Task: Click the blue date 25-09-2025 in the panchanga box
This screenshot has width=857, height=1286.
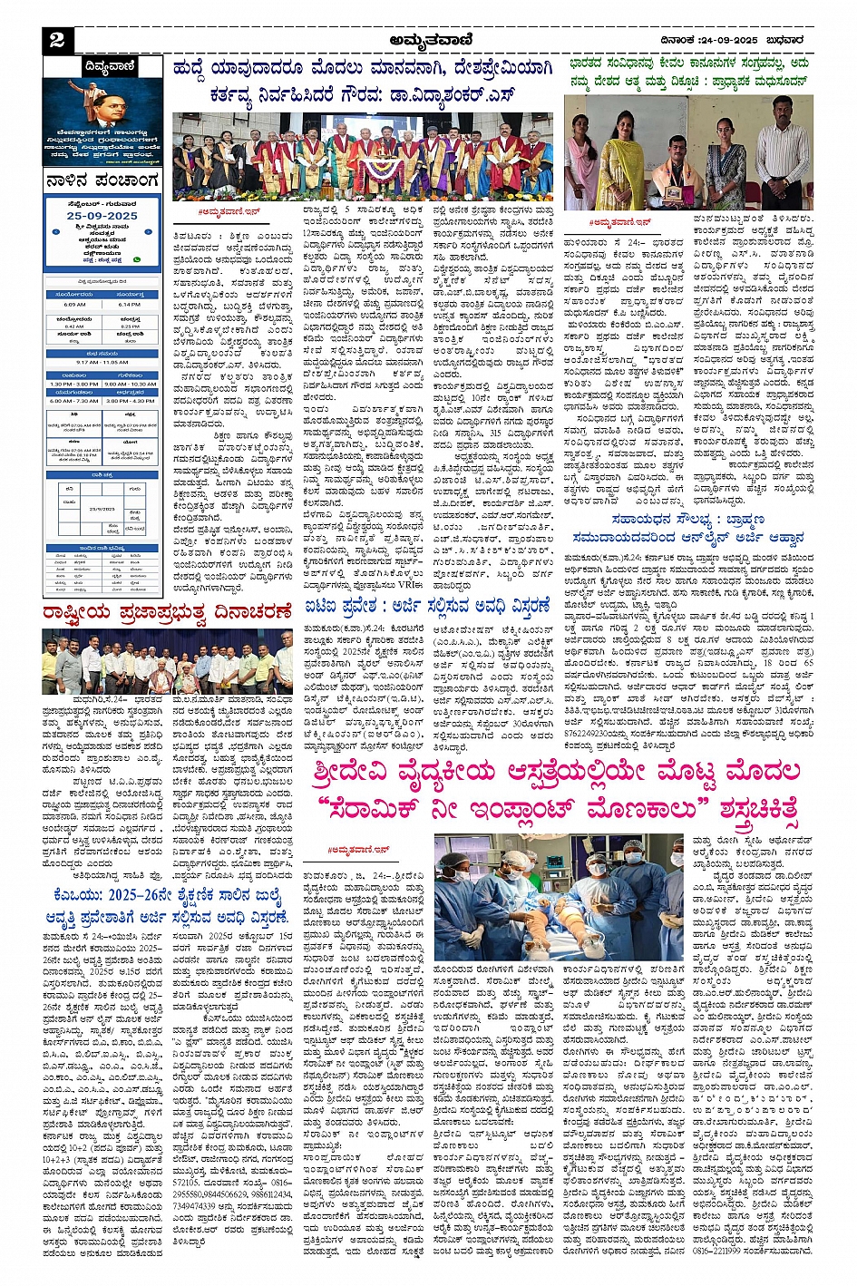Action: tap(102, 217)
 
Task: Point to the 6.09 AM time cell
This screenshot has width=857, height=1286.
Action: tap(73, 305)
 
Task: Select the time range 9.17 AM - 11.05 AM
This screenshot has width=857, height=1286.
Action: tap(102, 362)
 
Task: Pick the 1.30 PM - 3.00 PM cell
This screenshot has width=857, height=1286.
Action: tap(73, 384)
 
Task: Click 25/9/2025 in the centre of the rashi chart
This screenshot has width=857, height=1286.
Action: tap(102, 509)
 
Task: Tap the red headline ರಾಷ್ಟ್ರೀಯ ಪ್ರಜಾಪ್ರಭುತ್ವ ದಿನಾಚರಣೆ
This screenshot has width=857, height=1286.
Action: tap(169, 615)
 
